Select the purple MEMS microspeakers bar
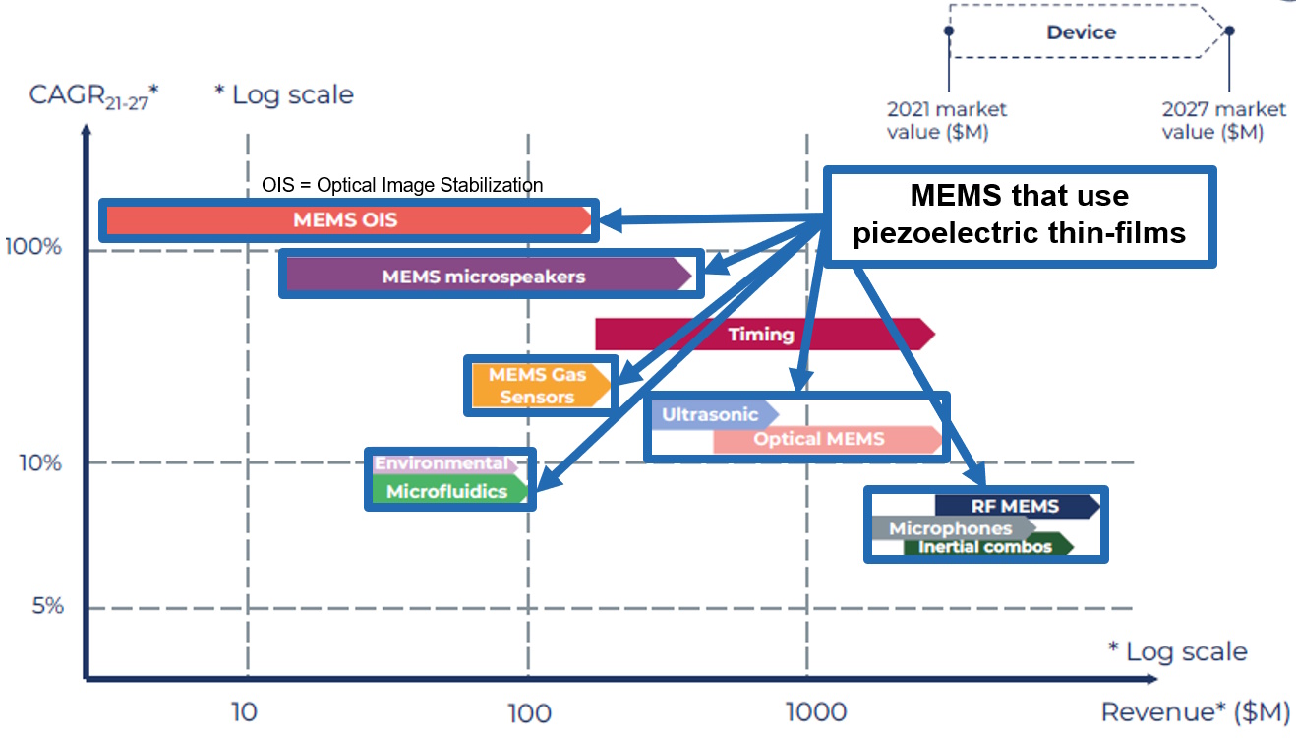point(484,277)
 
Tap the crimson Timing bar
point(762,335)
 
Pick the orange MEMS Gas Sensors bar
point(537,386)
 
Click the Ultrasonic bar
point(710,414)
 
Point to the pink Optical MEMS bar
point(819,439)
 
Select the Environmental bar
point(442,463)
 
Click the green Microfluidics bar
point(447,491)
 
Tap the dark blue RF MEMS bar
point(1015,506)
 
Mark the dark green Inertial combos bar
point(985,546)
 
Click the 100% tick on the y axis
point(34,246)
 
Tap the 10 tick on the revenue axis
point(244,710)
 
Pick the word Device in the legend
point(1081,32)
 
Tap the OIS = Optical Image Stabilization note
point(402,185)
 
